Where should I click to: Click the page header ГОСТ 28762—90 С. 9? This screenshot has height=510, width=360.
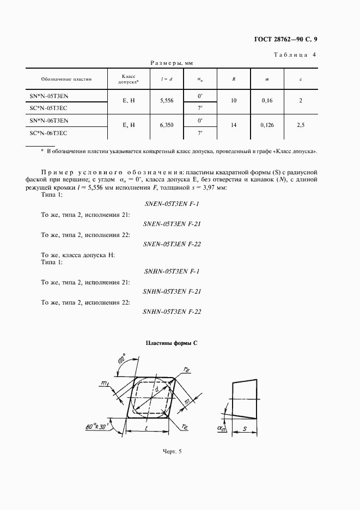[293, 39]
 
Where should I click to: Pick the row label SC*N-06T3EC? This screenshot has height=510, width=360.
[49, 133]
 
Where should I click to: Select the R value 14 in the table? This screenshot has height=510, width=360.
[233, 125]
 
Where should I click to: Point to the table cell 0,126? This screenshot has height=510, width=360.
[267, 125]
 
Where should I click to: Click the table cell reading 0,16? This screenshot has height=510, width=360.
[267, 101]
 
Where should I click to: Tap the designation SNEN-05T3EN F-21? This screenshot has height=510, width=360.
[172, 224]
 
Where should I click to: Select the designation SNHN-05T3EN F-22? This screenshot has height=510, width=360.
[172, 312]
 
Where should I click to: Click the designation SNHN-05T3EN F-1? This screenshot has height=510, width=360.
[172, 271]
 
